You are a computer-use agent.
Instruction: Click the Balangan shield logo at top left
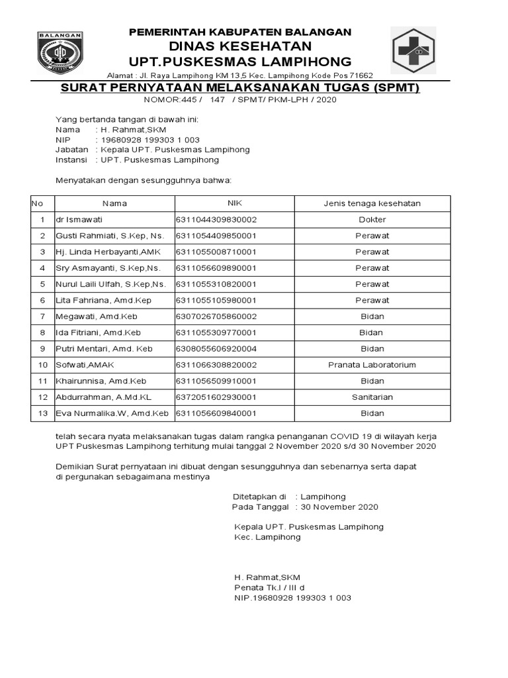[60, 54]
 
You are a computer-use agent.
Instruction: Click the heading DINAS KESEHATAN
[239, 46]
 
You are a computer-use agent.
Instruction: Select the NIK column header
[235, 203]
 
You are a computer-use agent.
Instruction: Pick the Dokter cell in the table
[372, 220]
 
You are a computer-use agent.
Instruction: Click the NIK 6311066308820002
[216, 365]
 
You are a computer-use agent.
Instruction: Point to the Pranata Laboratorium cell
[372, 365]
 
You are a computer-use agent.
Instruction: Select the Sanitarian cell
[372, 397]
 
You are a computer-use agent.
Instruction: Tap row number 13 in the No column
[42, 413]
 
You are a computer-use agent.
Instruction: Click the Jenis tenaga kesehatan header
[372, 203]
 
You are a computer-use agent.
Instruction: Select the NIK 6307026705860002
[216, 316]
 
